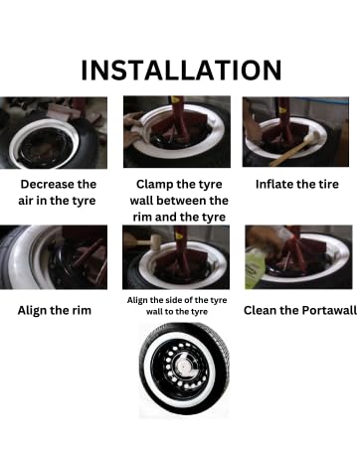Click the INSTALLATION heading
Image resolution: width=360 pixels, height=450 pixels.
181,71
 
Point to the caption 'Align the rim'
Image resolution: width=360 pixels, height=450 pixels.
55,310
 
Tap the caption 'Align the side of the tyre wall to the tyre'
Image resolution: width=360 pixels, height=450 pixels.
177,306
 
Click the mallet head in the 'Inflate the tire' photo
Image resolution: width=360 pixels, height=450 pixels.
311,137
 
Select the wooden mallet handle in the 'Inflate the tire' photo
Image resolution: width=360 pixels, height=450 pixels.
288,154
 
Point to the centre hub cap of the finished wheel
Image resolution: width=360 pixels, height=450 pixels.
182,366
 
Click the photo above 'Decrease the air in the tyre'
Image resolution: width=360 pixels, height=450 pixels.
54,133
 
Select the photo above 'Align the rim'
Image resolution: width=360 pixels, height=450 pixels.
54,257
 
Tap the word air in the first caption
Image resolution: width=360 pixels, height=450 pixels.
26,201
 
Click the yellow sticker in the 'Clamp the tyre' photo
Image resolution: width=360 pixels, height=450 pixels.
175,99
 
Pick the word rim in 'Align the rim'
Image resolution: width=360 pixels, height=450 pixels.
82,310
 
